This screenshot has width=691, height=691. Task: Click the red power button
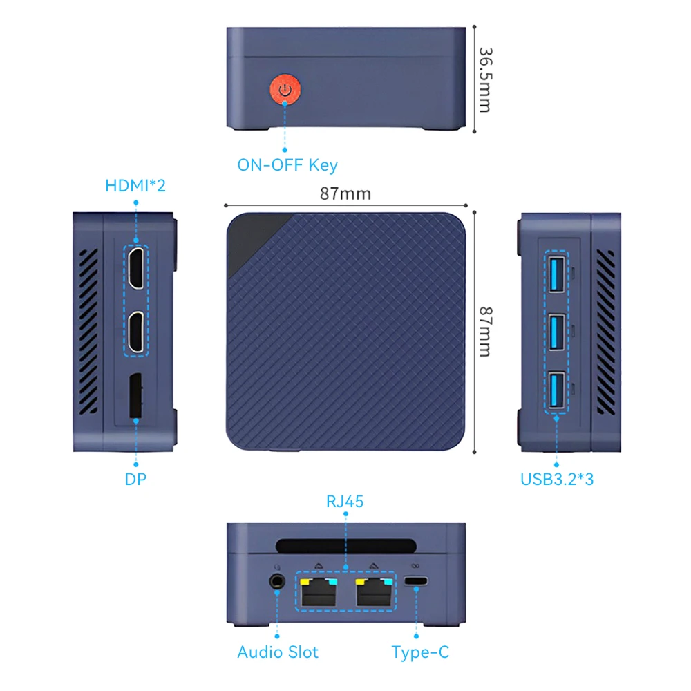point(285,90)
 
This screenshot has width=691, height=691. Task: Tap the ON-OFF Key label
point(287,165)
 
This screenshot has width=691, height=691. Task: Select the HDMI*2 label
point(135,186)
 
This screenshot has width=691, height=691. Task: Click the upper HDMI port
point(136,267)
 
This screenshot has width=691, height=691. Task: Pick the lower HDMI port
point(136,333)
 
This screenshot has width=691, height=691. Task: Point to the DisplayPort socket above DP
point(135,396)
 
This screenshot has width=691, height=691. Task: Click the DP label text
point(136,479)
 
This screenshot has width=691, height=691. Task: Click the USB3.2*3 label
point(556,479)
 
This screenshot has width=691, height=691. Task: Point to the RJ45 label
point(345,502)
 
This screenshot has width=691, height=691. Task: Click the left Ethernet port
point(318,592)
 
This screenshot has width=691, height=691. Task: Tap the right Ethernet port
point(374,592)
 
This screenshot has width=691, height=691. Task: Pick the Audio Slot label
point(278,652)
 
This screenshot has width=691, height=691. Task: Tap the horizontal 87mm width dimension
point(345,193)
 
